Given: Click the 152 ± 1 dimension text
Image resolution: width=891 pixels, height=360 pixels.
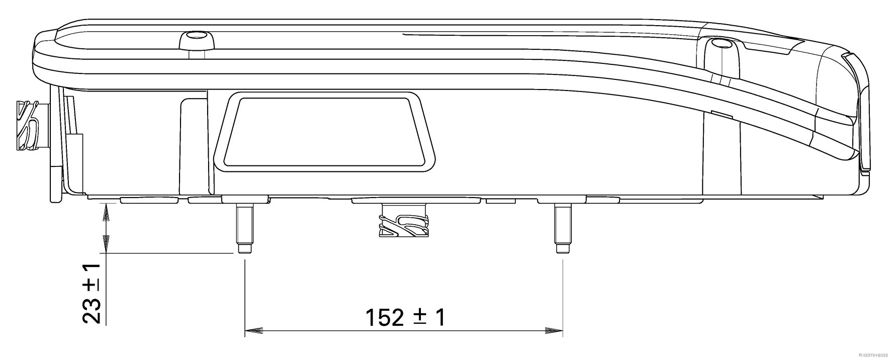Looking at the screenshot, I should [405, 317].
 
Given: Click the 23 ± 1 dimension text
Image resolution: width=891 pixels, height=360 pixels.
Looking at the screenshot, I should [92, 293].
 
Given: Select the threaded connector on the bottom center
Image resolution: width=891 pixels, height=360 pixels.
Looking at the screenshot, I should [404, 222].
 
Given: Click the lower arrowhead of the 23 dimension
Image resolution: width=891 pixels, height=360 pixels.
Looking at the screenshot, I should [106, 243].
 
